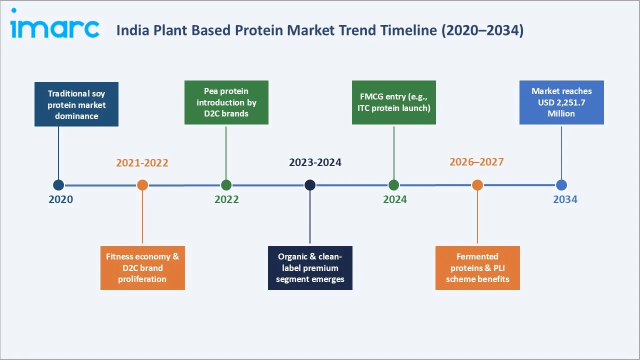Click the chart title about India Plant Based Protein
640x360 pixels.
pyautogui.click(x=320, y=30)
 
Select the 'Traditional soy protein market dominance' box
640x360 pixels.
pyautogui.click(x=76, y=104)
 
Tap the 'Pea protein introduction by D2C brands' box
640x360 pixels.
pyautogui.click(x=226, y=102)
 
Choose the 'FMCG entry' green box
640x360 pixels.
pyautogui.click(x=394, y=102)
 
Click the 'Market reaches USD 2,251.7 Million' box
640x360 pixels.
pyautogui.click(x=561, y=102)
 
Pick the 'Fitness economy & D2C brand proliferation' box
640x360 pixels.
pyautogui.click(x=142, y=267)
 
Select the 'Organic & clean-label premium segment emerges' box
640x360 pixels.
pyautogui.click(x=310, y=267)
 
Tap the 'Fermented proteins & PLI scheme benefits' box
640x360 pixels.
pyautogui.click(x=477, y=267)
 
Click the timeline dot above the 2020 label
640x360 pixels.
pyautogui.click(x=58, y=185)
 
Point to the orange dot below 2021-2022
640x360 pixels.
pyautogui.click(x=142, y=185)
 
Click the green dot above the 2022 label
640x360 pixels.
pyautogui.click(x=226, y=185)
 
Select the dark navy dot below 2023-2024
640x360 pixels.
pyautogui.click(x=310, y=185)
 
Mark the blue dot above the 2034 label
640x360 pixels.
pyautogui.click(x=561, y=185)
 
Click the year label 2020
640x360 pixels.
pyautogui.click(x=60, y=199)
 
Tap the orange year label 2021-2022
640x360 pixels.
pyautogui.click(x=142, y=163)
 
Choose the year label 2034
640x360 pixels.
pyautogui.click(x=565, y=199)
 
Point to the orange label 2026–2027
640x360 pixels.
pyautogui.click(x=476, y=162)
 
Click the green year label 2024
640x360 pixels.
pyautogui.click(x=395, y=199)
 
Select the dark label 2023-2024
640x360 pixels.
pyautogui.click(x=315, y=163)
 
